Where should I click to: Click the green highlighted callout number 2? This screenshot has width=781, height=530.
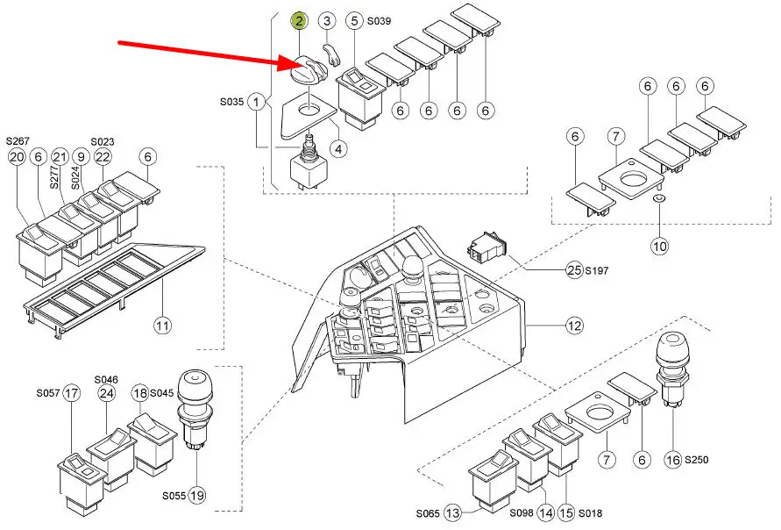coord(300,20)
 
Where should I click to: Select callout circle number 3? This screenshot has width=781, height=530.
coord(326,20)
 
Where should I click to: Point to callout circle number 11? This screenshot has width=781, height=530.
coord(162,326)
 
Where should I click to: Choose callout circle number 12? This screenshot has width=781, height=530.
coord(574,326)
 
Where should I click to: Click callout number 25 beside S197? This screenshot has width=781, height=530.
coord(573,271)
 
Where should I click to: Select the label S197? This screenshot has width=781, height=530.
coord(598,271)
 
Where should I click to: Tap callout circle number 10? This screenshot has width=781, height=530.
coord(659,247)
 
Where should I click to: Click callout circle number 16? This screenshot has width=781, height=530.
coord(672,459)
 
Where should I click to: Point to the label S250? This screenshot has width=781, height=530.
coord(697,459)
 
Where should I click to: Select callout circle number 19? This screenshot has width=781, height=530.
coord(197,496)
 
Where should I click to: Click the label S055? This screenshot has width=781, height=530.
coord(173,496)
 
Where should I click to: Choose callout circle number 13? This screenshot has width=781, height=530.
coord(452,512)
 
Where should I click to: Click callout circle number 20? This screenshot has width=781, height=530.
coord(17,157)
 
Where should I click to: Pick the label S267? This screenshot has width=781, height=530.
coord(18,140)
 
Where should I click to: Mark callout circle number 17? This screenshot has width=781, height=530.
coord(72,394)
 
